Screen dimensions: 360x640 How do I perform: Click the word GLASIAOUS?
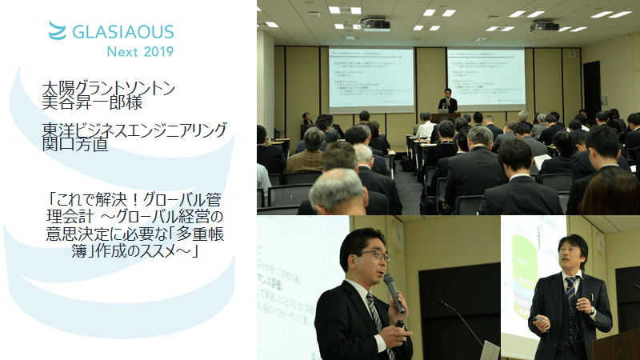click(122, 32)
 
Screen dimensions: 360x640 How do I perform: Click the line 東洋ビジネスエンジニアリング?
click(135, 129)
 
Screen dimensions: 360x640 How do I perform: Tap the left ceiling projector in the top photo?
click(374, 25)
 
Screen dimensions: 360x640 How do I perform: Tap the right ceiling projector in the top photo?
click(544, 26)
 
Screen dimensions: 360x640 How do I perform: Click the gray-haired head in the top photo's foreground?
click(339, 189)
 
